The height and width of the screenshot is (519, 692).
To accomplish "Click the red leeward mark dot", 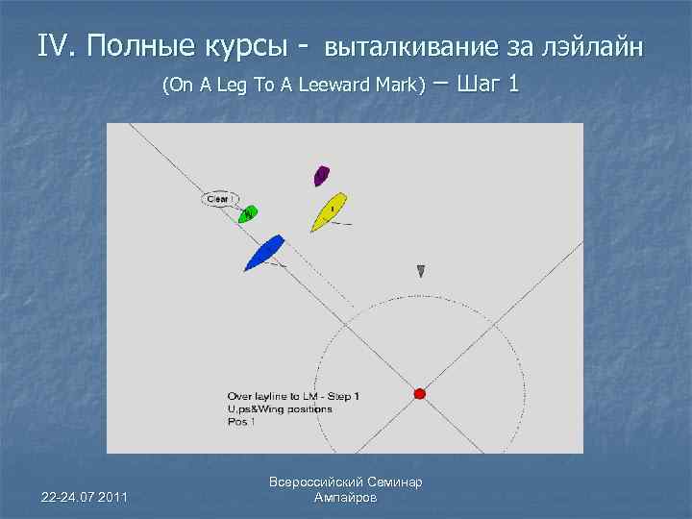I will [x=419, y=393].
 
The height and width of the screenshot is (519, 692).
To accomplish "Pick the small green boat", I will [x=247, y=213].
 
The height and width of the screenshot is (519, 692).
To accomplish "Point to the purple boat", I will [x=321, y=175].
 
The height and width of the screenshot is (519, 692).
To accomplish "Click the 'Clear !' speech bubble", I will [x=220, y=199].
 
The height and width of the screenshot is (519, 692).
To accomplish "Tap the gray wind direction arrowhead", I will [x=421, y=272].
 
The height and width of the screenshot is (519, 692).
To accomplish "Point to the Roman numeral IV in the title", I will [x=56, y=45].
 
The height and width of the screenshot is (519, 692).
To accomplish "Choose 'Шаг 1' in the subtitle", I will [x=490, y=84].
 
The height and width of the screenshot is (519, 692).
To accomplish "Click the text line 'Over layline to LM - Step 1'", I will [x=293, y=396].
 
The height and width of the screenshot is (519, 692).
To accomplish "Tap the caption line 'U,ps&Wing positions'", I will [x=280, y=408].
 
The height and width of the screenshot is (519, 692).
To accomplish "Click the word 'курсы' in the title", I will [x=242, y=45].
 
